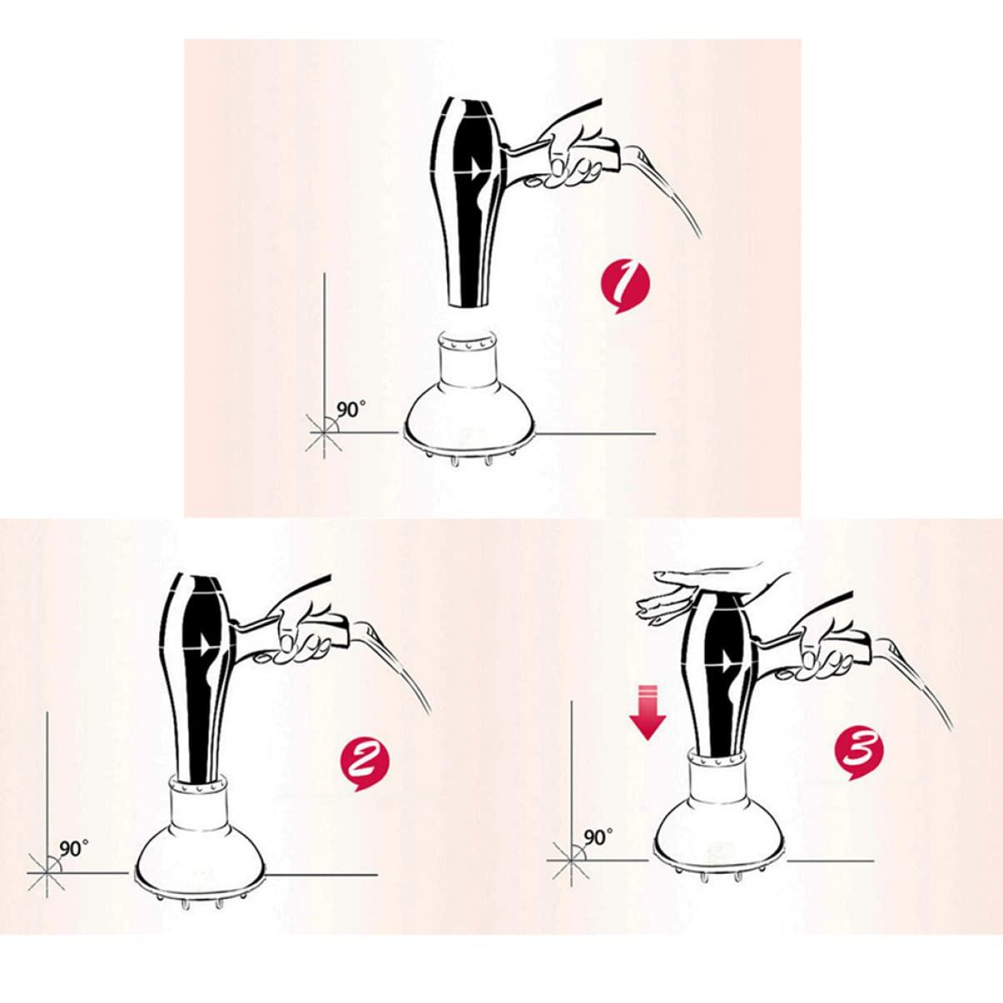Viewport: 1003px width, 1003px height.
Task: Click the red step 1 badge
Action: click(624, 287)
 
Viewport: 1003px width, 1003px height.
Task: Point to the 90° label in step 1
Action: click(351, 410)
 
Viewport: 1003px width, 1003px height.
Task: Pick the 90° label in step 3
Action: click(598, 836)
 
